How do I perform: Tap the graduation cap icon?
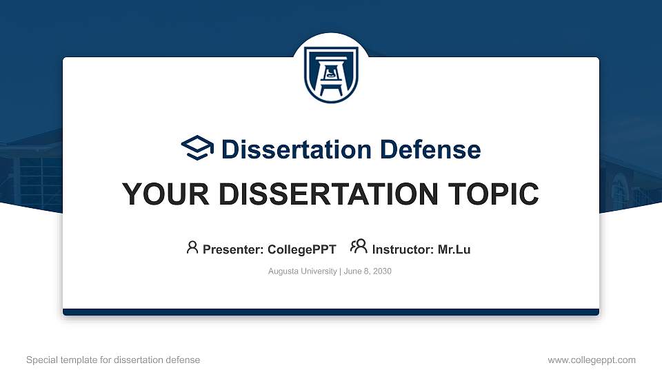[x=198, y=148]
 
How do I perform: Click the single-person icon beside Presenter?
[x=192, y=247]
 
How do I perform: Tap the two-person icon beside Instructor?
[x=359, y=247]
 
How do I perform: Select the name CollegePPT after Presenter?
[x=301, y=249]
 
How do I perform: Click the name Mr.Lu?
[x=454, y=249]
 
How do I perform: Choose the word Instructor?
[x=403, y=249]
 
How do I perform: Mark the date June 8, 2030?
[x=367, y=271]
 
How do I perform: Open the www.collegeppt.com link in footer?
[x=592, y=360]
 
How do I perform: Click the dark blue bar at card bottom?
[x=331, y=312]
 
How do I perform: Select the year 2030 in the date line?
[x=381, y=271]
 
